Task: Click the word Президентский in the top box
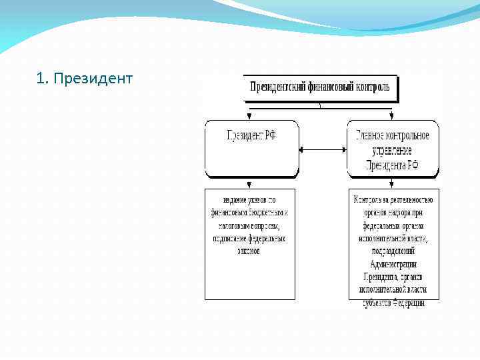coord(278,87)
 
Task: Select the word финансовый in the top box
coord(333,87)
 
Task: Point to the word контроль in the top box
coord(375,87)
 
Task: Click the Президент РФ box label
coord(251,135)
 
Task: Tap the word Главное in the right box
coord(370,135)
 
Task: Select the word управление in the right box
coord(393,151)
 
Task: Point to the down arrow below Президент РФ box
coord(250,183)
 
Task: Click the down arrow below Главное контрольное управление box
coord(393,183)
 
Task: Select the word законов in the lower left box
coord(249,251)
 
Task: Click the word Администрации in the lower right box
coord(393,264)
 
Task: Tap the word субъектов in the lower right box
coord(377,302)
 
